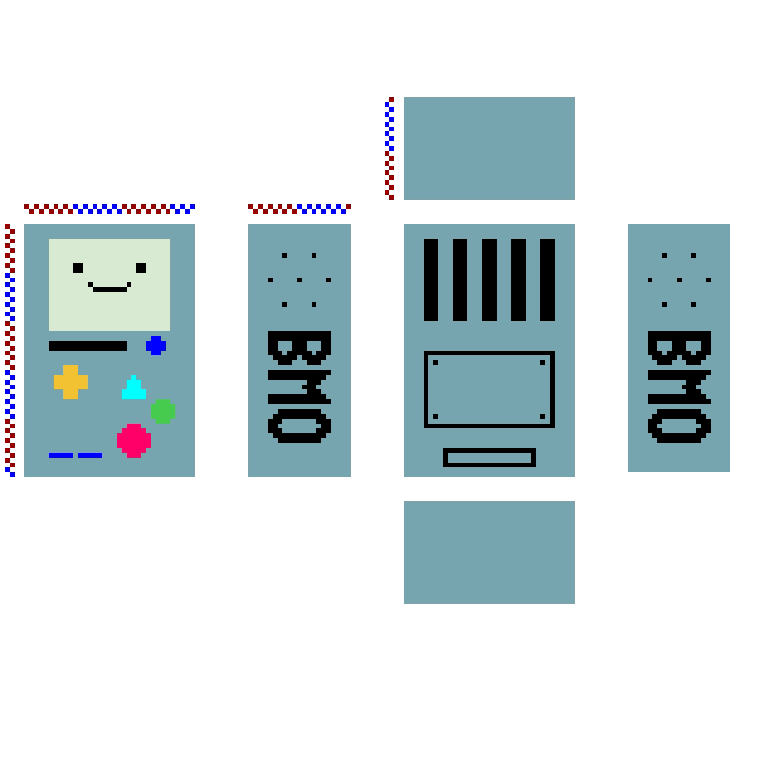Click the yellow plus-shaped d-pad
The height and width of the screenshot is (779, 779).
[71, 382]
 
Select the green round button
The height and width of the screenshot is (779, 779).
[163, 411]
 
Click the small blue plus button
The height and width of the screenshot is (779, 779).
[155, 346]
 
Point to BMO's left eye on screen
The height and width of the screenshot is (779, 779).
[78, 268]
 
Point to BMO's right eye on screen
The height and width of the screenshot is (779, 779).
[141, 268]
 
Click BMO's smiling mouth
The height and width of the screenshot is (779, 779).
[109, 289]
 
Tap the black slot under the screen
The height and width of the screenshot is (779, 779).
[88, 346]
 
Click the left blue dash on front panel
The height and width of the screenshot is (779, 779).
[61, 455]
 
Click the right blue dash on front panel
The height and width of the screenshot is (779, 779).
[90, 455]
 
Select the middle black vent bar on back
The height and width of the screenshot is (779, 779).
[489, 280]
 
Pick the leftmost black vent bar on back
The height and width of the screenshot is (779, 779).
[431, 280]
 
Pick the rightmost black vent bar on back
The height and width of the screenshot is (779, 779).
[547, 280]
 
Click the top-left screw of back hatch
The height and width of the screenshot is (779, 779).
[435, 362]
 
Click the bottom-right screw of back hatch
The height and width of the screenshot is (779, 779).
[543, 416]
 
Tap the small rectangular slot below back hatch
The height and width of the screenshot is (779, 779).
[489, 458]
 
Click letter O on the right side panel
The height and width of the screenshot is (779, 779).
[679, 426]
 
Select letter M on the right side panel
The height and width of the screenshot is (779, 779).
[679, 387]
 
